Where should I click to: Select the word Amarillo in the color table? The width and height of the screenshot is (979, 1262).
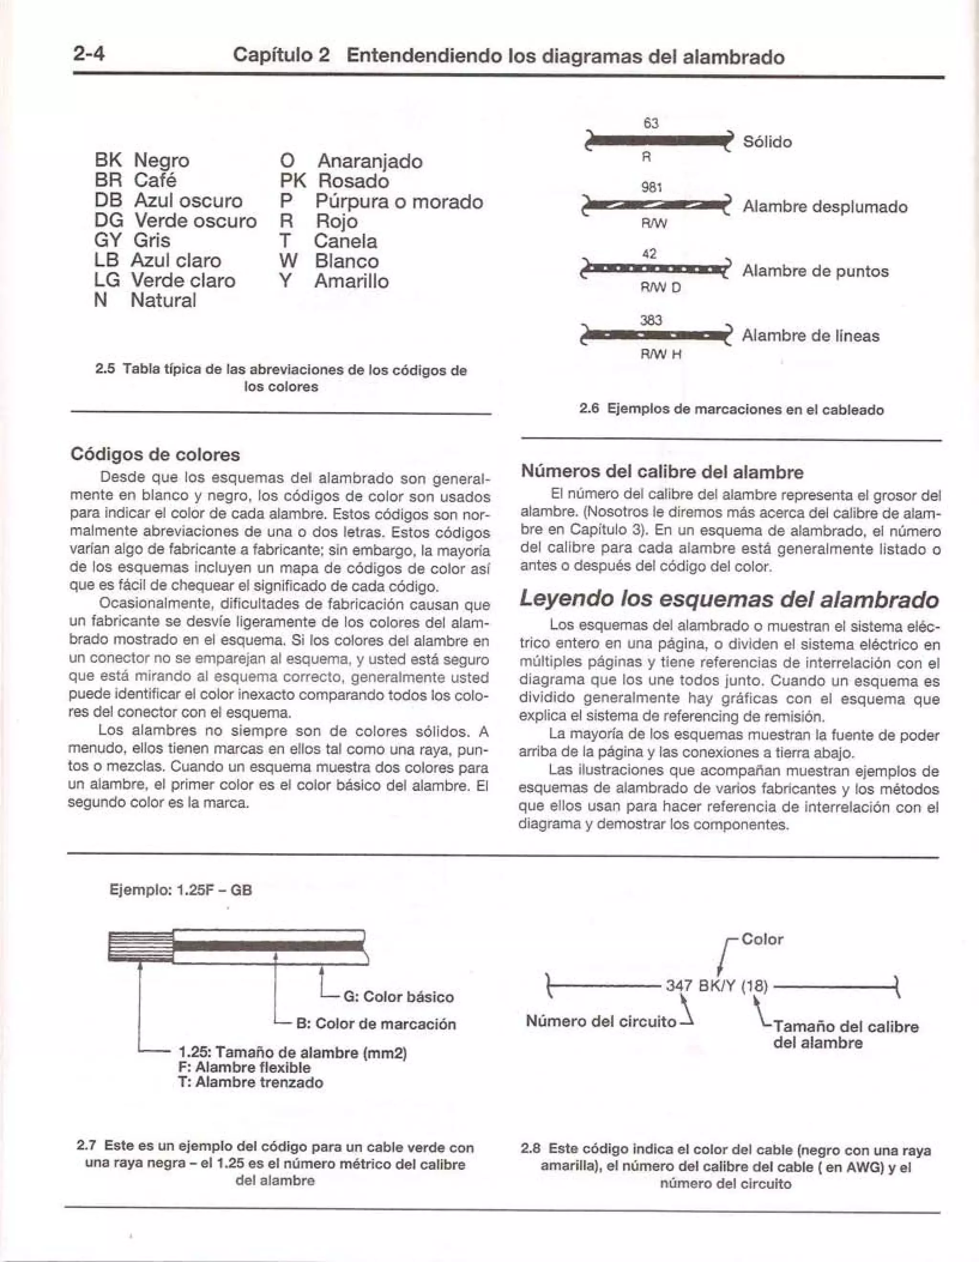(x=351, y=282)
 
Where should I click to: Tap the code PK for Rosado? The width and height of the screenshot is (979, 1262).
(x=293, y=181)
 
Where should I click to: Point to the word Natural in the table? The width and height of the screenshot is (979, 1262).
(x=163, y=301)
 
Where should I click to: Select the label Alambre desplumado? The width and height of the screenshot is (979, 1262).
(x=825, y=207)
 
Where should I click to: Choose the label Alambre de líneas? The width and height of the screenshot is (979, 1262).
(x=810, y=336)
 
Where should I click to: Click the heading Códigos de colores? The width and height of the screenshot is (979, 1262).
(x=155, y=454)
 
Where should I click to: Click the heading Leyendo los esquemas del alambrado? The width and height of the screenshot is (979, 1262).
(x=729, y=599)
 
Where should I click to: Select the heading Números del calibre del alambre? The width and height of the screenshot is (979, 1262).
(x=662, y=472)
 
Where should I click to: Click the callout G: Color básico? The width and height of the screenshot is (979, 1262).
(x=398, y=997)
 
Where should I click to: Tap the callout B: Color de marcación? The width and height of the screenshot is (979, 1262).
(x=376, y=1024)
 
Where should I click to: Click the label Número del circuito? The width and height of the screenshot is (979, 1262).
(x=601, y=1021)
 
